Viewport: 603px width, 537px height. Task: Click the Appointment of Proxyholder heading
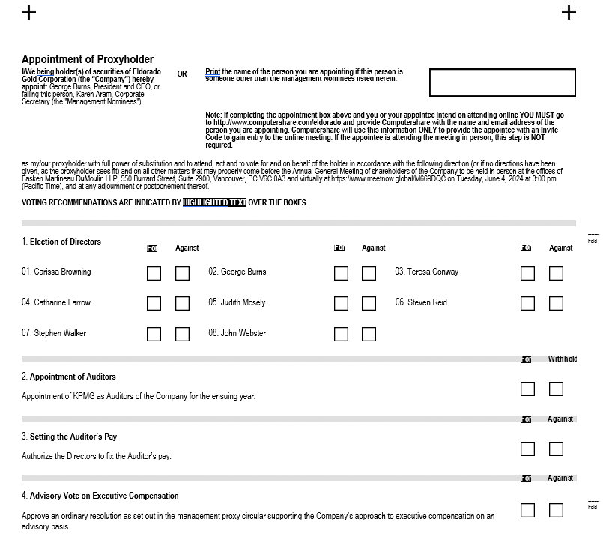tap(88, 59)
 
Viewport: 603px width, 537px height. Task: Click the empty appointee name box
tap(502, 82)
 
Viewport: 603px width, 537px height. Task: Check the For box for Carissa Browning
tap(154, 272)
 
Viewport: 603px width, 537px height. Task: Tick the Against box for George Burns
tap(369, 272)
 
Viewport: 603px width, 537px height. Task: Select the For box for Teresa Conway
tap(527, 272)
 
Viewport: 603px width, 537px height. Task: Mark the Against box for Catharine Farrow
tap(182, 303)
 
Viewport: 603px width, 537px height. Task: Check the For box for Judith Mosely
tap(341, 303)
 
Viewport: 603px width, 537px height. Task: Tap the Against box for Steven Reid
tap(556, 303)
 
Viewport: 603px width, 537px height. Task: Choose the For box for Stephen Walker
tap(154, 334)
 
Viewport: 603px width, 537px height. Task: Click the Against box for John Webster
tap(369, 334)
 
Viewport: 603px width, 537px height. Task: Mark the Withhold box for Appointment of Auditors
tap(556, 388)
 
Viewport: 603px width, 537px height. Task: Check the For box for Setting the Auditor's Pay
tap(527, 448)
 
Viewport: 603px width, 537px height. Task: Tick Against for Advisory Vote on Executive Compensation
tap(556, 510)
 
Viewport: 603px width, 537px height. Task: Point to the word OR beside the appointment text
tap(182, 74)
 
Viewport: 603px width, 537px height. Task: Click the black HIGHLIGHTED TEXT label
tap(214, 202)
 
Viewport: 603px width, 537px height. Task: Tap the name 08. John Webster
tap(237, 333)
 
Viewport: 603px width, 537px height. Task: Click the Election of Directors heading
tap(61, 241)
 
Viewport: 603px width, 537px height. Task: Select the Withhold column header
tap(562, 358)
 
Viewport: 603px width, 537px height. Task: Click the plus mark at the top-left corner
tap(28, 12)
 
